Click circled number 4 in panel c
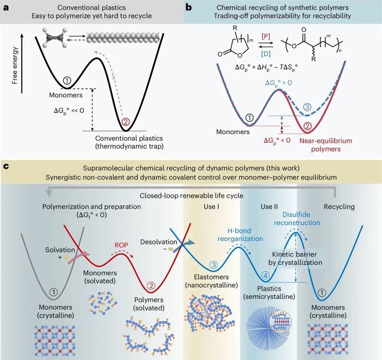(265, 275)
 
